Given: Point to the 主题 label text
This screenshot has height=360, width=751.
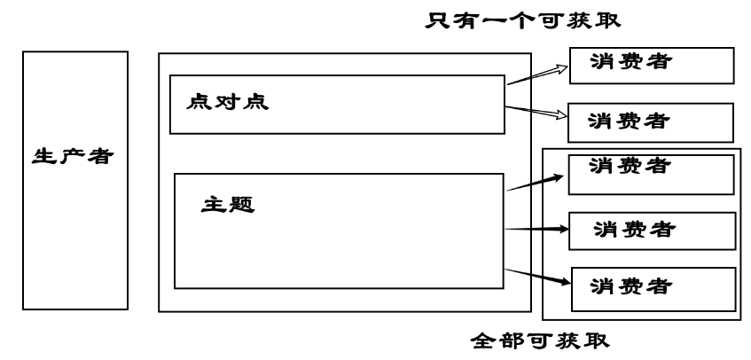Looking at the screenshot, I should pyautogui.click(x=229, y=204).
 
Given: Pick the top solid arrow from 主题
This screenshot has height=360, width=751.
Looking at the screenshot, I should pyautogui.click(x=535, y=183).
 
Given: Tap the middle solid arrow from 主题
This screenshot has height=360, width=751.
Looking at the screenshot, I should pyautogui.click(x=535, y=229).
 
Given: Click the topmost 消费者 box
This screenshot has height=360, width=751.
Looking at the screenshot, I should pyautogui.click(x=651, y=63).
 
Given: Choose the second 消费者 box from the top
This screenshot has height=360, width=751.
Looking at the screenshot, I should pyautogui.click(x=649, y=118).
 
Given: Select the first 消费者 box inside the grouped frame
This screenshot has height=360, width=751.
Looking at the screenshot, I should pyautogui.click(x=651, y=173).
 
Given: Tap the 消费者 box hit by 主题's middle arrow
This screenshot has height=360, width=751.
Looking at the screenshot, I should pyautogui.click(x=651, y=231).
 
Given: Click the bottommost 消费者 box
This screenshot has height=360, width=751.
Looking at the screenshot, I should pyautogui.click(x=653, y=287).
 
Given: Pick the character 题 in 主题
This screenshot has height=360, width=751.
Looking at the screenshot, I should pyautogui.click(x=242, y=204).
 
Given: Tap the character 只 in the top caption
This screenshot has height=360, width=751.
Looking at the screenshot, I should pyautogui.click(x=438, y=18).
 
